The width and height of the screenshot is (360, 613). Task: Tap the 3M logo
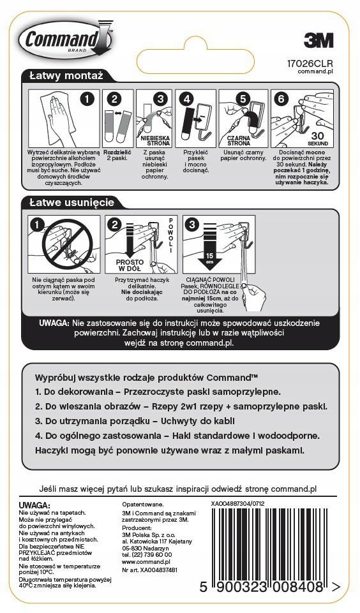click(x=318, y=41)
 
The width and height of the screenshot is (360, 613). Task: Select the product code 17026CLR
click(x=311, y=63)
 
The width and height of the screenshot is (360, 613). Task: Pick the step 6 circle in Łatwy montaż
click(x=280, y=99)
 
